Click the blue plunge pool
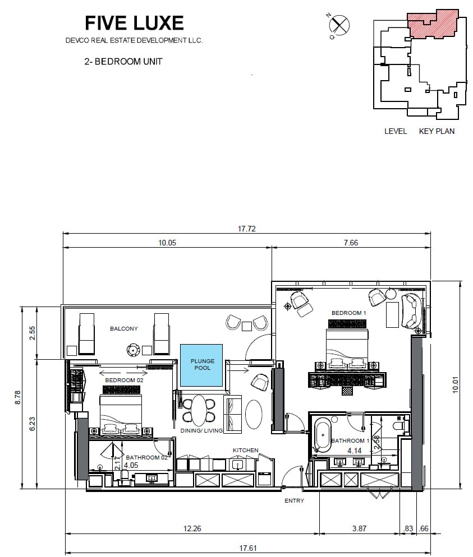pos(201,365)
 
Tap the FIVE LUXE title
pos(134,23)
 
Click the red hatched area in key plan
pos(433,23)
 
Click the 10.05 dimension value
pos(167,243)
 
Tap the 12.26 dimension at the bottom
pos(192,528)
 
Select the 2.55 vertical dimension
pos(33,333)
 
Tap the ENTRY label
pos(294,500)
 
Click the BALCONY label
pos(124,329)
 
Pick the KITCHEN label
pos(246,450)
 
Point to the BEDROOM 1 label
pos(348,313)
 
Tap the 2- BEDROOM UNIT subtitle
pos(123,62)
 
